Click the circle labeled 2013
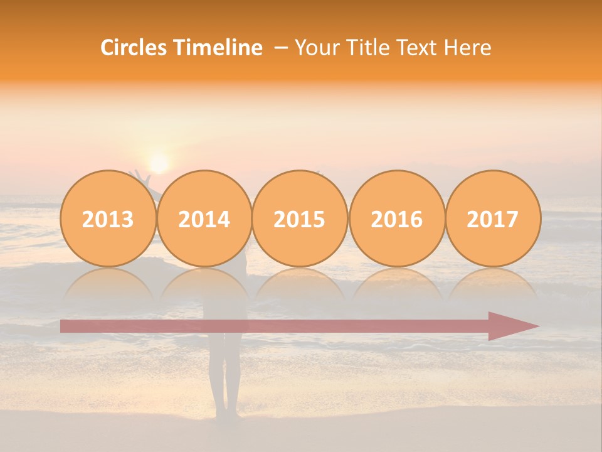[108, 219]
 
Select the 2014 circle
[204, 219]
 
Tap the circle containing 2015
[300, 219]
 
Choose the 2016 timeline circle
[397, 219]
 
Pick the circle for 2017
[493, 219]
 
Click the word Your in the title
[315, 48]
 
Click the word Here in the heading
[468, 48]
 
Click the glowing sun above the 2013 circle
[159, 163]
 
